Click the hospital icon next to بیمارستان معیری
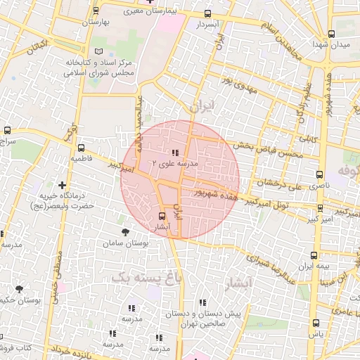coord(148,2)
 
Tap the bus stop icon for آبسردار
coord(207,13)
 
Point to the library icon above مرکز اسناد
coord(98,52)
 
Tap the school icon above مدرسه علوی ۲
coord(174,153)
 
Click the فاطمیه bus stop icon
coord(81,148)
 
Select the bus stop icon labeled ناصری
coord(320,174)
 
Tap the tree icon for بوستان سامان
coord(125,232)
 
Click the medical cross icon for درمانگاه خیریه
coord(62,185)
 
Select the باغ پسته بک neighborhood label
coord(141,277)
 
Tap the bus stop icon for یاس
coord(315,323)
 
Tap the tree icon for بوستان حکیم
coord(19,289)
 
